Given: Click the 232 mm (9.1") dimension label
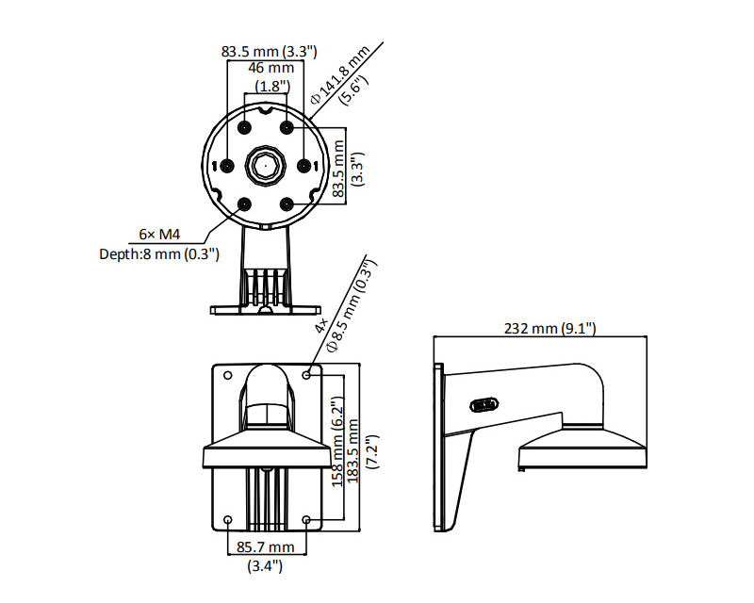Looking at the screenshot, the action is click(549, 329).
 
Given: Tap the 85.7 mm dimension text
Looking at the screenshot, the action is click(266, 546).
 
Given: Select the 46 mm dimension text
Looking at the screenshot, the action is click(270, 68).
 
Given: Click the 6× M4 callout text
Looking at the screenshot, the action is click(159, 235).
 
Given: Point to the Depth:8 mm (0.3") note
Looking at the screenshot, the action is click(159, 253).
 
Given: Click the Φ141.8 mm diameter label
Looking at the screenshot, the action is click(340, 74).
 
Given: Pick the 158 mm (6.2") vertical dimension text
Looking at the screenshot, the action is click(337, 442).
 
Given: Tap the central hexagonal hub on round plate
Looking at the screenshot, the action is click(266, 166).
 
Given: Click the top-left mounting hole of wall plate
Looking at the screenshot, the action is click(228, 375).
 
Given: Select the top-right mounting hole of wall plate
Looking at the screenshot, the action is click(307, 375).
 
